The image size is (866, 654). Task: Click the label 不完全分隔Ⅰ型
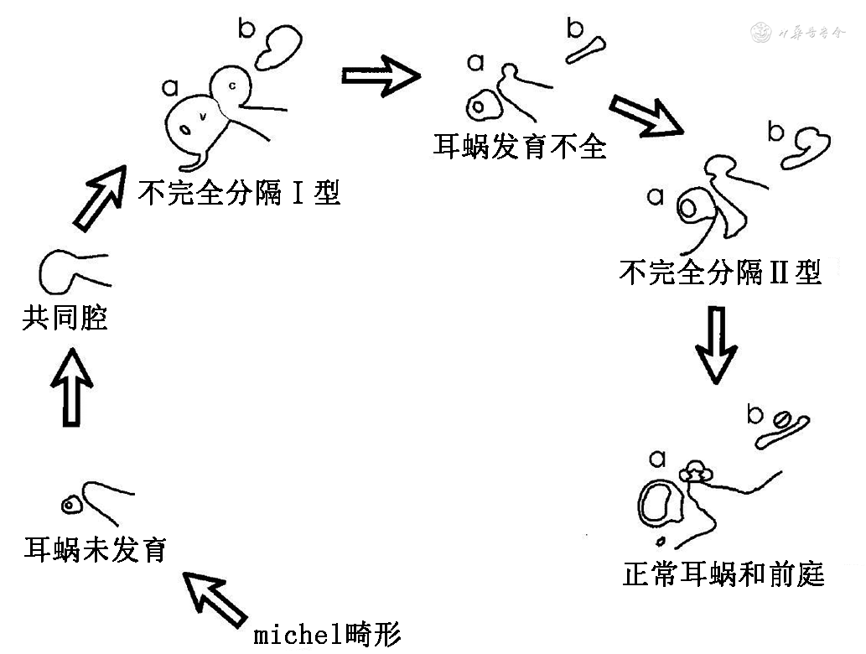(239, 193)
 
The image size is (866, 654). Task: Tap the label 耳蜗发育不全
(519, 147)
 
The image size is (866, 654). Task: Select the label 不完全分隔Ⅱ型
(719, 272)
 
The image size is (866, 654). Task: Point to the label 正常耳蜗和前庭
(723, 574)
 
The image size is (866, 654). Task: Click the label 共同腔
(65, 319)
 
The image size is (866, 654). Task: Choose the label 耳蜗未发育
(95, 549)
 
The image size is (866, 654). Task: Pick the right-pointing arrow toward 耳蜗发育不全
(381, 77)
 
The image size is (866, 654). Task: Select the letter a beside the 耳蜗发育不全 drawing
(476, 61)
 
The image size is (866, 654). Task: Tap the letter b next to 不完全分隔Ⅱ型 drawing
(776, 132)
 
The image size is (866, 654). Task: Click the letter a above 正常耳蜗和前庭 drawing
(657, 458)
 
